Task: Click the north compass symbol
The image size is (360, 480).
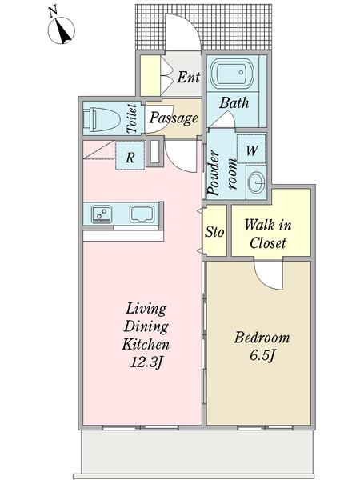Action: point(62,29)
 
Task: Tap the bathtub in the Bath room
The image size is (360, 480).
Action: point(233,74)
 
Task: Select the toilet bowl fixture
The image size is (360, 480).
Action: point(102,119)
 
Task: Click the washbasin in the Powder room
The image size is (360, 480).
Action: point(256,182)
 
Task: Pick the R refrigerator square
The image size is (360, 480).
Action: point(130,155)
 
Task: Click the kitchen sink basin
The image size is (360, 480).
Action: point(142,214)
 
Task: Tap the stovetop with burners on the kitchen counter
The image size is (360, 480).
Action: point(102,214)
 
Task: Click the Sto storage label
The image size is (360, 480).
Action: point(214,232)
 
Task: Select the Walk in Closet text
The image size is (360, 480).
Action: point(268,234)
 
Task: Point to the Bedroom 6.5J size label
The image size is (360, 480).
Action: point(262,346)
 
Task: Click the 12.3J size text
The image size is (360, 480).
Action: point(146,362)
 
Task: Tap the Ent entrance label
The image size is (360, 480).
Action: point(188,77)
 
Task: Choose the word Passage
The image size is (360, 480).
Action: point(174,118)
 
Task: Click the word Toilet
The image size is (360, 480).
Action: point(132,118)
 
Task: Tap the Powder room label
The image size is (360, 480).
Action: point(222,173)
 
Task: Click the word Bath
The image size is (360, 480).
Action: point(234,103)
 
